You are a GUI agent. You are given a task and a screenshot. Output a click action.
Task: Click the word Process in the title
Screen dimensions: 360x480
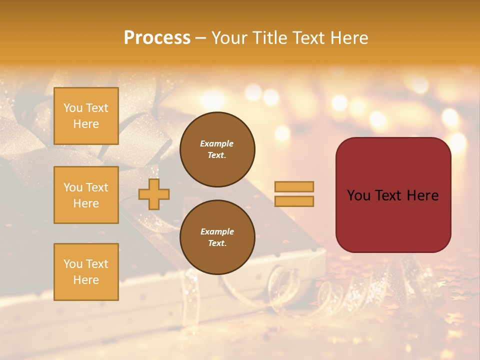157,38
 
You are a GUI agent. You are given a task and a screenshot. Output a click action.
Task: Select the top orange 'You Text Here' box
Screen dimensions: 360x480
86,116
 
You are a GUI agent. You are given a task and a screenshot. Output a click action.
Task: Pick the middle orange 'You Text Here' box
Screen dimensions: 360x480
86,195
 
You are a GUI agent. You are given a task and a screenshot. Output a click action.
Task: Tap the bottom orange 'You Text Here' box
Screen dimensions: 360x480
86,272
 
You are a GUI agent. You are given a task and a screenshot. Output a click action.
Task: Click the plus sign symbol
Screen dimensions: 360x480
153,194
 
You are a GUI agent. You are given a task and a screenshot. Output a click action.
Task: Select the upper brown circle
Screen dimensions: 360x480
217,149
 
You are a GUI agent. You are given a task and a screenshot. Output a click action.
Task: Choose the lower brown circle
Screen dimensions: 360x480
217,237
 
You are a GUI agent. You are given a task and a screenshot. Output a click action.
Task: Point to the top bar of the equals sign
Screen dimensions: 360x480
294,186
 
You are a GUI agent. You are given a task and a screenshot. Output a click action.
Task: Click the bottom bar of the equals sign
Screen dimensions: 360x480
294,201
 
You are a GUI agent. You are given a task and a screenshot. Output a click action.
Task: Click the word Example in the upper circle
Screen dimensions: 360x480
217,143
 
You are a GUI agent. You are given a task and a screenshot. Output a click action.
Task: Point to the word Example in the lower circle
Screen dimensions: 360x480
217,231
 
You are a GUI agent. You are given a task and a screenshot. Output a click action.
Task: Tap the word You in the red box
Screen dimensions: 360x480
358,195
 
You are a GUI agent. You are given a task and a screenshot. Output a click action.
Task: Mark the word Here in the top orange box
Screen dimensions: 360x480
86,124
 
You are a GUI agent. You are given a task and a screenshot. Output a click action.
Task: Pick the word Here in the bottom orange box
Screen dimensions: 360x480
86,280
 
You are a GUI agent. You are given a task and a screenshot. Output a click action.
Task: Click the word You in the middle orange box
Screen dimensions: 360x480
72,187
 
